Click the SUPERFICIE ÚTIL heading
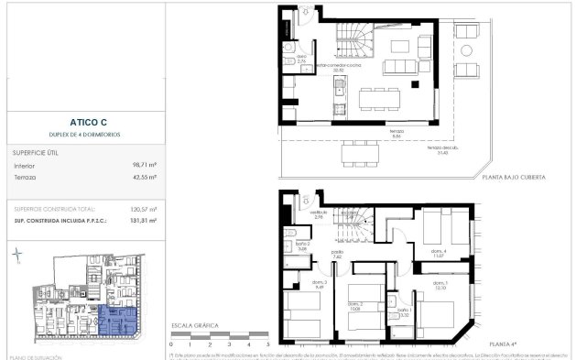point(36,151)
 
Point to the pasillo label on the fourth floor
point(337,254)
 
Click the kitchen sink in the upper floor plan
point(339,90)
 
